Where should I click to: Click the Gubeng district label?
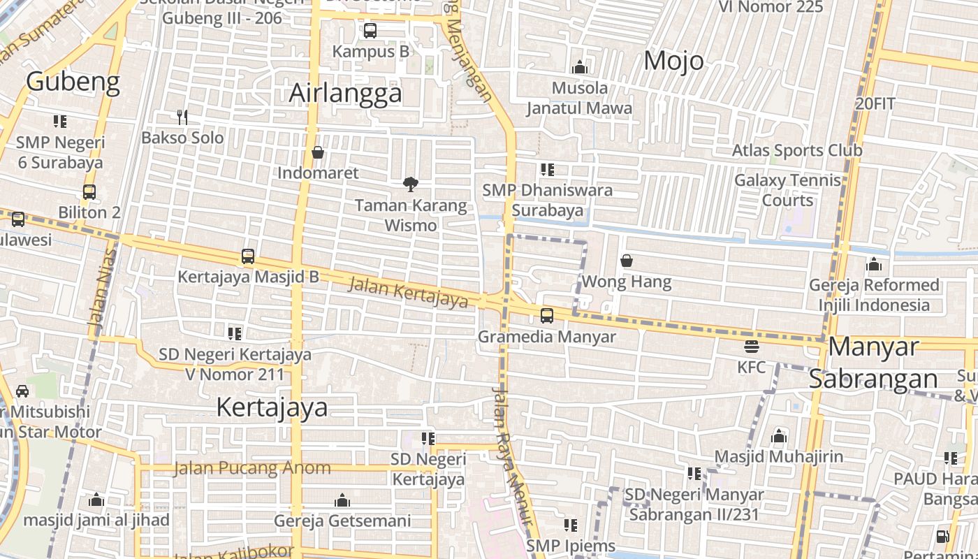click(x=73, y=82)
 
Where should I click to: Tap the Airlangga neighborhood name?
click(x=346, y=93)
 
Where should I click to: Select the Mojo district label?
click(x=673, y=61)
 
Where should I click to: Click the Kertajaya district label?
click(x=272, y=407)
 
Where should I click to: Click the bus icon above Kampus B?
click(x=370, y=31)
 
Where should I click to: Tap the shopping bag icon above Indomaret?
click(x=318, y=152)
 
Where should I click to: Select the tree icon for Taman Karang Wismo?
click(x=411, y=184)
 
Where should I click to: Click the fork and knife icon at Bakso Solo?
click(x=182, y=117)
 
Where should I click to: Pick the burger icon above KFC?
click(x=752, y=346)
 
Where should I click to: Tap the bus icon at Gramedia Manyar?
click(x=547, y=316)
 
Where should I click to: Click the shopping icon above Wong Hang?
click(x=627, y=261)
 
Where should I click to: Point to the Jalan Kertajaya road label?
click(x=408, y=292)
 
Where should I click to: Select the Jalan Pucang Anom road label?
click(x=252, y=468)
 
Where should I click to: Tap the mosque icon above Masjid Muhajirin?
click(x=779, y=437)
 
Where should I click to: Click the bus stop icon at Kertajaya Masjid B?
click(x=248, y=256)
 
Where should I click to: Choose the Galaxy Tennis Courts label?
click(x=787, y=190)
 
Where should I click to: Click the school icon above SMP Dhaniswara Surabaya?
click(x=548, y=169)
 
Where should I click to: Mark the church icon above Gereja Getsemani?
click(x=342, y=500)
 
